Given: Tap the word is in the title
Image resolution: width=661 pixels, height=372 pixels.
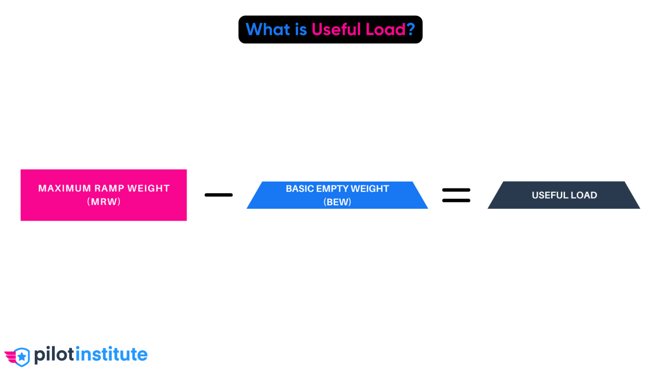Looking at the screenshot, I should pos(300,29).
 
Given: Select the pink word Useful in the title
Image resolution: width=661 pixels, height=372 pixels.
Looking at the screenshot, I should pos(336,29).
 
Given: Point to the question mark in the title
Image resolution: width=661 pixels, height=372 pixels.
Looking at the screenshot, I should pos(411,29).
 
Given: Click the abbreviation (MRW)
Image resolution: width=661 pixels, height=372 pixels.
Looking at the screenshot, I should pos(104,201).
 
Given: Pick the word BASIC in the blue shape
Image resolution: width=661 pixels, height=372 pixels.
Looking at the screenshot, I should pos(300,189).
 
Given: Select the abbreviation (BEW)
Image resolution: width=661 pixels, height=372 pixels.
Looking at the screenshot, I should pos(337,202).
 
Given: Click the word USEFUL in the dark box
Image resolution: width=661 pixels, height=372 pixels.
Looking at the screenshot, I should pos(550,195).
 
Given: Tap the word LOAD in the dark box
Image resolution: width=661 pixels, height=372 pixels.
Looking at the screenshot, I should pos(584,195).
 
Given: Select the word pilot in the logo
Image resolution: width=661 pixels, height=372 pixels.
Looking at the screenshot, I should pos(54,355).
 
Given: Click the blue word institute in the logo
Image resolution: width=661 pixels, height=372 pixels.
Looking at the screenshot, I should pos(111,354).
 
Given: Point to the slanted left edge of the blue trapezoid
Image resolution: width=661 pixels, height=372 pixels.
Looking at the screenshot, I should pos(254,195).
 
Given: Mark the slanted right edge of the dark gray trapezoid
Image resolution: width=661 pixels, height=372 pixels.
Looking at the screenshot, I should pos(633,195).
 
